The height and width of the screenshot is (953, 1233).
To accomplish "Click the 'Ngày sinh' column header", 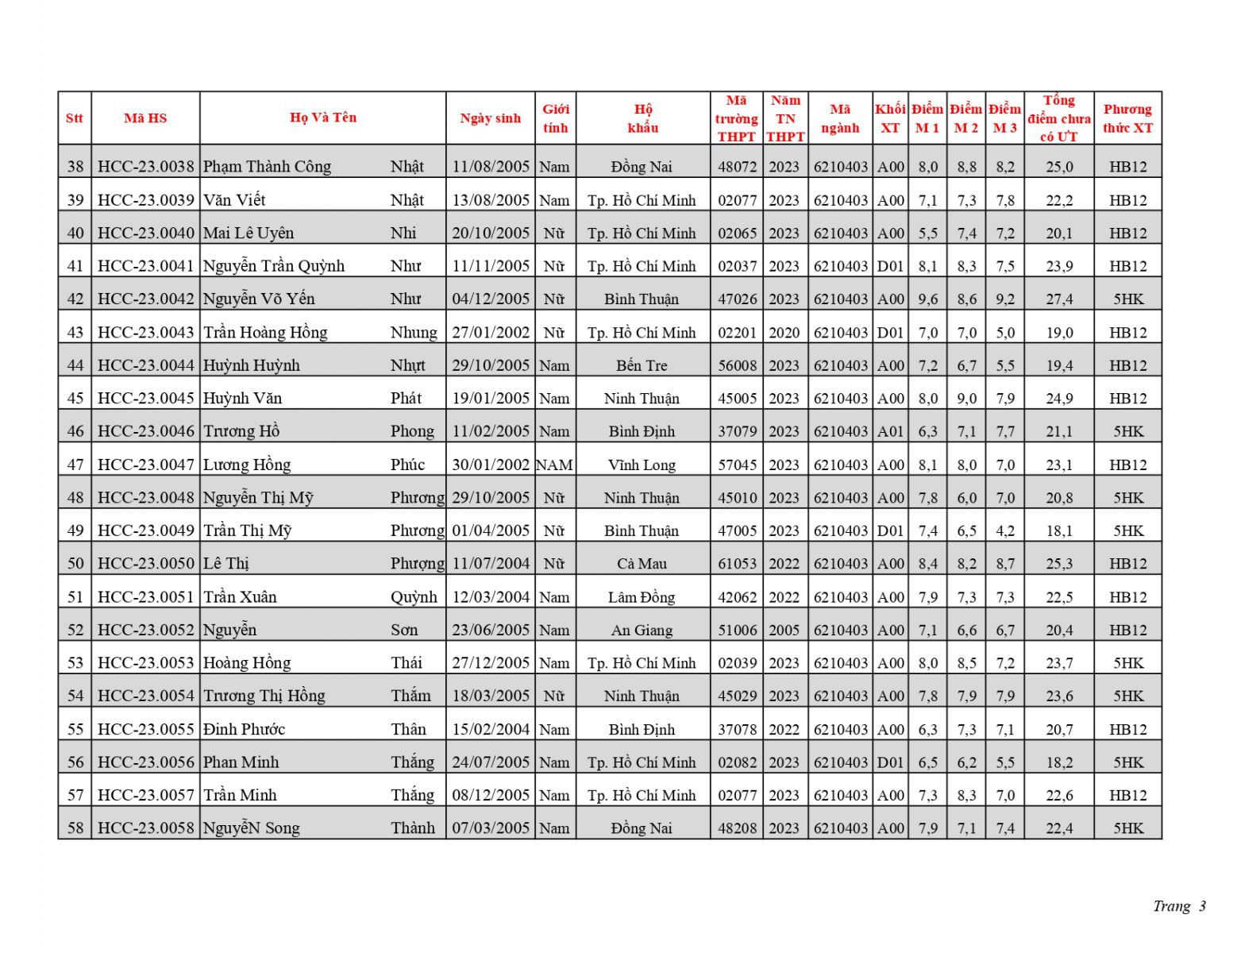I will (x=490, y=118).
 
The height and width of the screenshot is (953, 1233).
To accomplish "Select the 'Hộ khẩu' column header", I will (x=642, y=118).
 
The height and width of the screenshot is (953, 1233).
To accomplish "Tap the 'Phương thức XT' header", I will (x=1127, y=118).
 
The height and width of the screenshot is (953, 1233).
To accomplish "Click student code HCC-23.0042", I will (x=145, y=299).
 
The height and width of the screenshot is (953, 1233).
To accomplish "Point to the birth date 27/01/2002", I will (x=490, y=333).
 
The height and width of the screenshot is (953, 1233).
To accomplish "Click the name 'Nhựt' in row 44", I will (x=407, y=365).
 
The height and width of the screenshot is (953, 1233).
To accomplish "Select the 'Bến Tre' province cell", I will (x=642, y=365).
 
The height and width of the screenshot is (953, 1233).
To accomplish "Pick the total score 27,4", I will (x=1058, y=299).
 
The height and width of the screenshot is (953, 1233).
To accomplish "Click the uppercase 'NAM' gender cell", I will (x=554, y=465).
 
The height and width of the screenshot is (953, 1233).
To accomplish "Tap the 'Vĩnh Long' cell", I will (x=642, y=465).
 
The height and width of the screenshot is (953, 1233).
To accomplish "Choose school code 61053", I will (x=737, y=564).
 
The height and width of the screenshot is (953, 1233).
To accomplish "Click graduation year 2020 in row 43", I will (x=784, y=333).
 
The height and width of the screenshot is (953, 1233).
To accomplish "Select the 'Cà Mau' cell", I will (x=642, y=564).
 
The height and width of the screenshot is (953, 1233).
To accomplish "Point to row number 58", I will (x=75, y=828).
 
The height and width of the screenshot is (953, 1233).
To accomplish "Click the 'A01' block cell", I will (x=890, y=431).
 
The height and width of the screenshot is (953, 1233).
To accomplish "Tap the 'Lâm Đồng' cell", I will (x=642, y=597).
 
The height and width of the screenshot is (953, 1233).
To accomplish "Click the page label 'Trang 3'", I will (x=1179, y=906).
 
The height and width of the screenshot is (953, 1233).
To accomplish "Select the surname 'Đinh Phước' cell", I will (x=244, y=729).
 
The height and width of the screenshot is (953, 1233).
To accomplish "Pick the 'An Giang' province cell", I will (x=642, y=631).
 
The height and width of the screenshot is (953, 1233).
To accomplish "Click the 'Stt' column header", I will (x=75, y=118).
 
